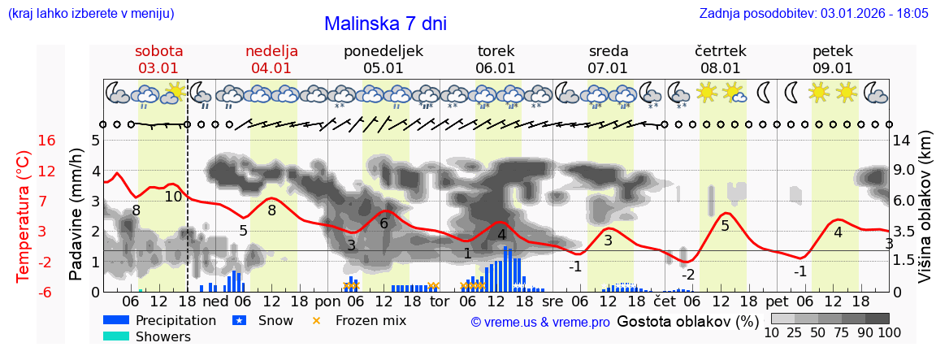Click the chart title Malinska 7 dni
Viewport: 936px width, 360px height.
[385, 24]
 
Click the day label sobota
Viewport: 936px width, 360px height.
[158, 51]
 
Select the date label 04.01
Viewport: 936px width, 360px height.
[271, 68]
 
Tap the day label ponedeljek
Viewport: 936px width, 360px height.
[383, 51]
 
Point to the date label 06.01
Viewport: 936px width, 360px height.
[496, 68]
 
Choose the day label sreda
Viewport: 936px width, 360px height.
[608, 51]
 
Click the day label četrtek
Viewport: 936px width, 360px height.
[721, 51]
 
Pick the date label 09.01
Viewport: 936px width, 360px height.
[833, 68]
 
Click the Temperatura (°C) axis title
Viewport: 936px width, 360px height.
[23, 216]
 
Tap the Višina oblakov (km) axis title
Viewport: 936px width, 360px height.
[925, 216]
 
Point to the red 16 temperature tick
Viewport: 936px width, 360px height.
[46, 141]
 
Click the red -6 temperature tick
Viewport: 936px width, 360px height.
[46, 292]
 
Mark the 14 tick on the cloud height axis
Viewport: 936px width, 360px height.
[903, 141]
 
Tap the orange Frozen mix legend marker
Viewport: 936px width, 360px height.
[317, 320]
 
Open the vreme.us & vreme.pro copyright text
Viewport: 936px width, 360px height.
[540, 322]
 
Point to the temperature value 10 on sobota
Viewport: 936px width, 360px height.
[173, 197]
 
